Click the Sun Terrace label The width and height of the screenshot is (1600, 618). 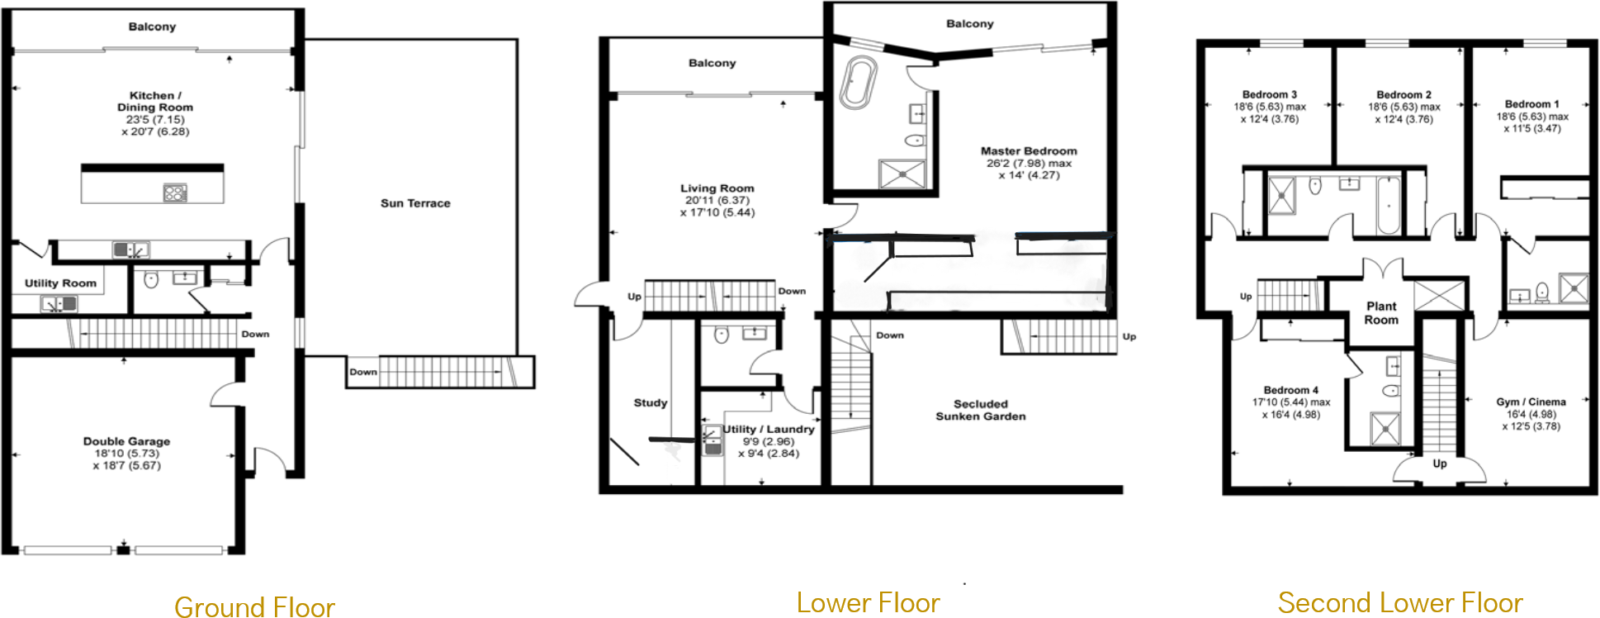point(415,203)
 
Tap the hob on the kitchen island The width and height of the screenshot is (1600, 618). point(175,193)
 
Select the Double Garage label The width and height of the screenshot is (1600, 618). point(126,441)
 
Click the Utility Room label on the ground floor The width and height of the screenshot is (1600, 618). point(60,283)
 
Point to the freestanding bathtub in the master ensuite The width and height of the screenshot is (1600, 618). point(859,83)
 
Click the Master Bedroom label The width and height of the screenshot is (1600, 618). point(1029,151)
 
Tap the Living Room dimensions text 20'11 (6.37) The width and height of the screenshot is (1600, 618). point(717,201)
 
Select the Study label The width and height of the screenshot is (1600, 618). point(651,403)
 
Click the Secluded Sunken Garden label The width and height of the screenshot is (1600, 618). point(981,410)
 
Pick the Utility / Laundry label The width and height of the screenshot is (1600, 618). point(768,430)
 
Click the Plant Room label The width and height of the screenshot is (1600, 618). point(1381,313)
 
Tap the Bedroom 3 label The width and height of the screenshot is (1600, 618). point(1270,95)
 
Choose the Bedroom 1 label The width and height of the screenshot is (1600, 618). point(1531,104)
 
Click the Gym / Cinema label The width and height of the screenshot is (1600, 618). point(1531,402)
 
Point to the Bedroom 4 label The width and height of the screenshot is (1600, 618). point(1290,390)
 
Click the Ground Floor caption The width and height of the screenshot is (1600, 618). point(254,606)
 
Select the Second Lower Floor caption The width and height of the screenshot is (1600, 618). point(1400,602)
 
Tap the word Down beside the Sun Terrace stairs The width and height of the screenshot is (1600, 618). point(362,372)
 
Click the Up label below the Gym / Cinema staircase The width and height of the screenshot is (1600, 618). point(1440,463)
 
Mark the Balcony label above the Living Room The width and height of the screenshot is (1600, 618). point(712,63)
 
